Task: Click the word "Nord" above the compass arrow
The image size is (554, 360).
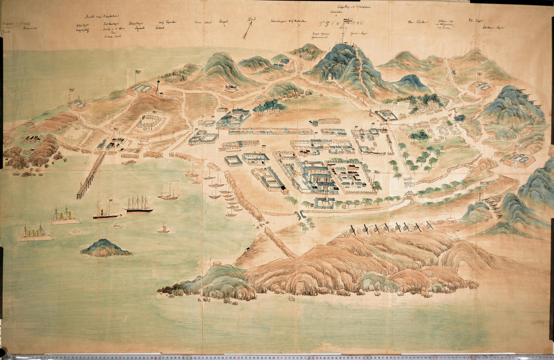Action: click(x=251, y=19)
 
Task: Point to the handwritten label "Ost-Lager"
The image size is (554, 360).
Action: click(x=476, y=20)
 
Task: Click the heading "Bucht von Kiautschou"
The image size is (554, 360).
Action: click(x=102, y=16)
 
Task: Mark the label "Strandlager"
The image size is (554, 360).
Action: click(x=136, y=23)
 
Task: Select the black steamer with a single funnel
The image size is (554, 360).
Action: click(x=105, y=213)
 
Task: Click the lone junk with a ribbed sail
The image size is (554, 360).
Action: click(x=163, y=228)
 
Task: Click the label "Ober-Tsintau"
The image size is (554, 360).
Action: click(x=418, y=22)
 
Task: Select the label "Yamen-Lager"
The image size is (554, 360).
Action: click(x=359, y=33)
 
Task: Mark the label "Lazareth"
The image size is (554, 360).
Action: click(x=140, y=28)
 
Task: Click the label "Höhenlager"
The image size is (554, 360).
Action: click(x=83, y=25)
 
